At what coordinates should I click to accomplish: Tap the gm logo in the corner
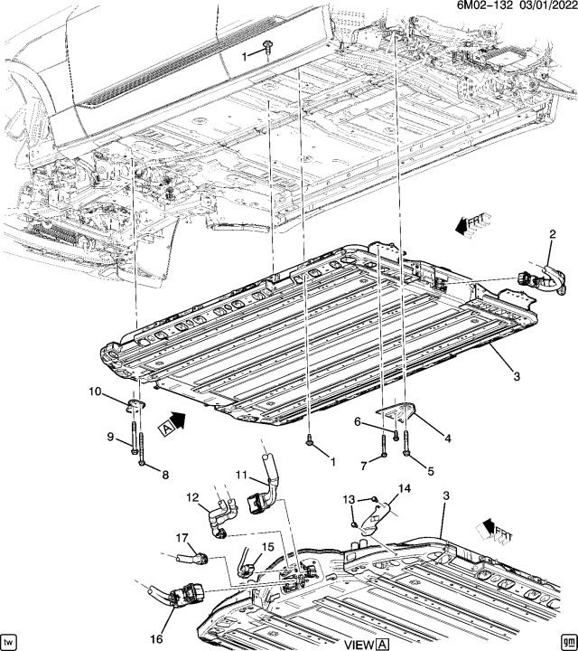point(565,639)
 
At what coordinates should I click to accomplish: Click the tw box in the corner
point(11,639)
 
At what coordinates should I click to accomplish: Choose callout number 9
point(110,437)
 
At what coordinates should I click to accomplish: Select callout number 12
point(192,497)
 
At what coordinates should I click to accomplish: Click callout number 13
point(349,499)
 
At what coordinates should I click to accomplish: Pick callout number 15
point(267,548)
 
